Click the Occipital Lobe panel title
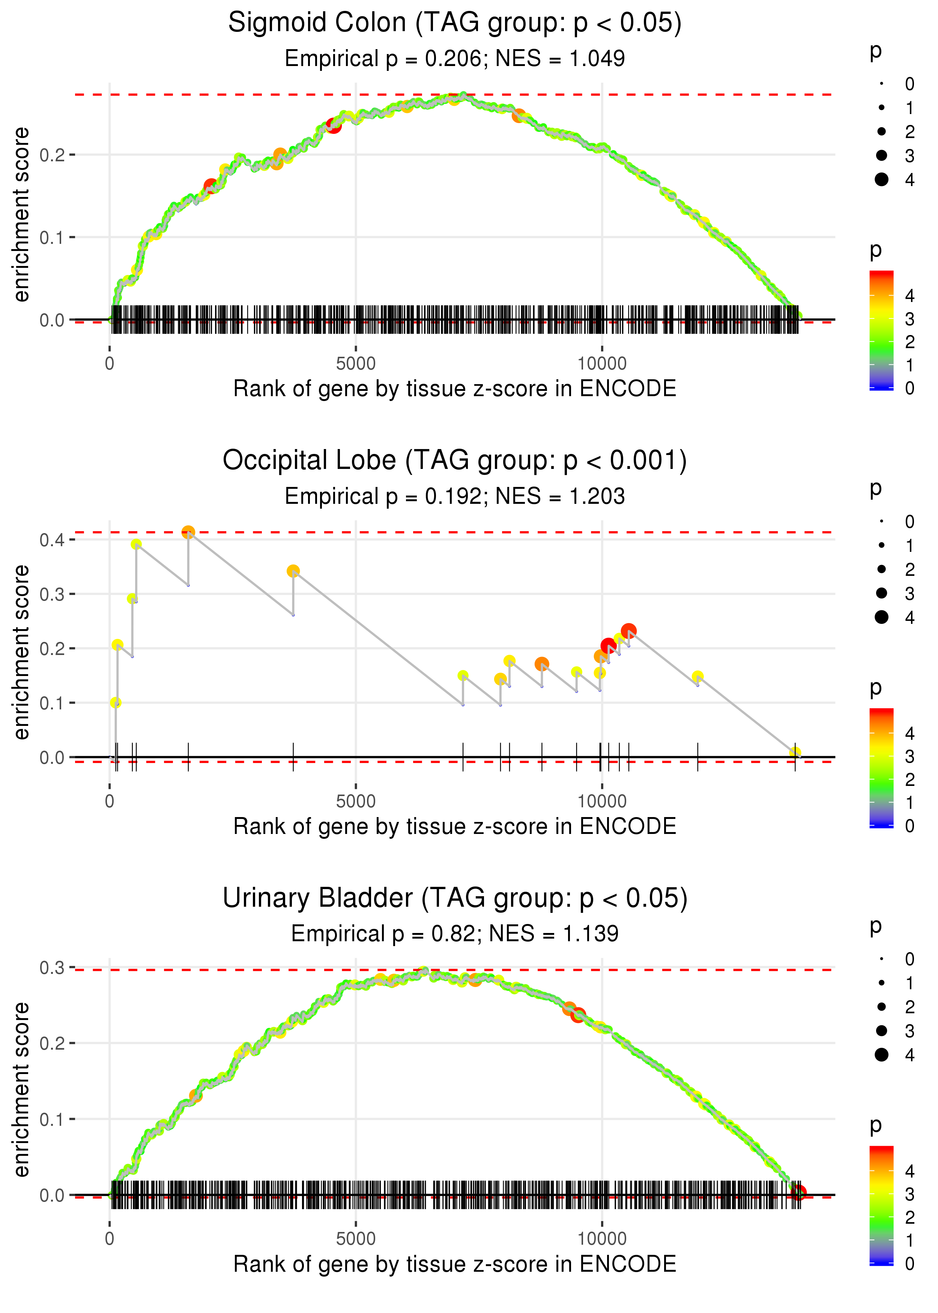point(455,461)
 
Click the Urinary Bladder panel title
point(455,898)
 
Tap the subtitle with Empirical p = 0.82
point(455,934)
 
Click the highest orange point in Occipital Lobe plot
point(188,532)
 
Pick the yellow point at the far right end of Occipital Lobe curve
point(795,752)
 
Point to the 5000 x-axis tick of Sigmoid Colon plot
point(356,364)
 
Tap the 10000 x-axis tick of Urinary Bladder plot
point(602,1238)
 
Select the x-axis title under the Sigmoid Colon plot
point(455,389)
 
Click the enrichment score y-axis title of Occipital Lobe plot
point(21,652)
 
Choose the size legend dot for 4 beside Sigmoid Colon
point(881,180)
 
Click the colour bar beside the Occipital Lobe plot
point(881,768)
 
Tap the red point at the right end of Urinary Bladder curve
point(798,1193)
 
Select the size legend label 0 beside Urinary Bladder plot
point(910,960)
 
